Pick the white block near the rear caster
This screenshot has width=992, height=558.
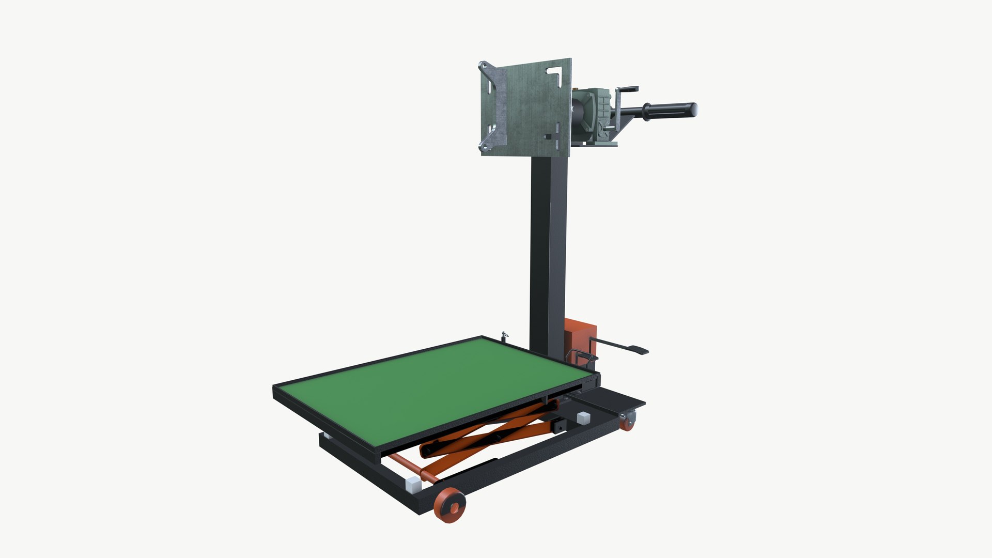click(x=582, y=417)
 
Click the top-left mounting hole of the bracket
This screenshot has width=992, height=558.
click(x=484, y=65)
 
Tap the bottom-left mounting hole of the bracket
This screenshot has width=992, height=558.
click(x=484, y=147)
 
